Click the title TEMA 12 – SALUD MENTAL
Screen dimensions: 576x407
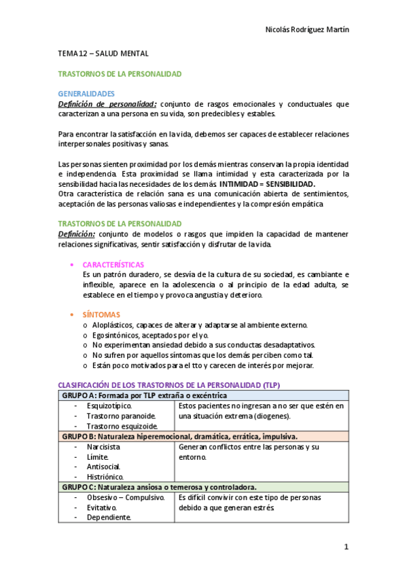pos(103,53)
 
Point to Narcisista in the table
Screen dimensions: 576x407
pos(103,448)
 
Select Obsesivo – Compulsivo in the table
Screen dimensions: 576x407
pos(126,498)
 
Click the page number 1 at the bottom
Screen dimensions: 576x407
pos(346,547)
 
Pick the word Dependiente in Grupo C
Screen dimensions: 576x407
pos(109,518)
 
